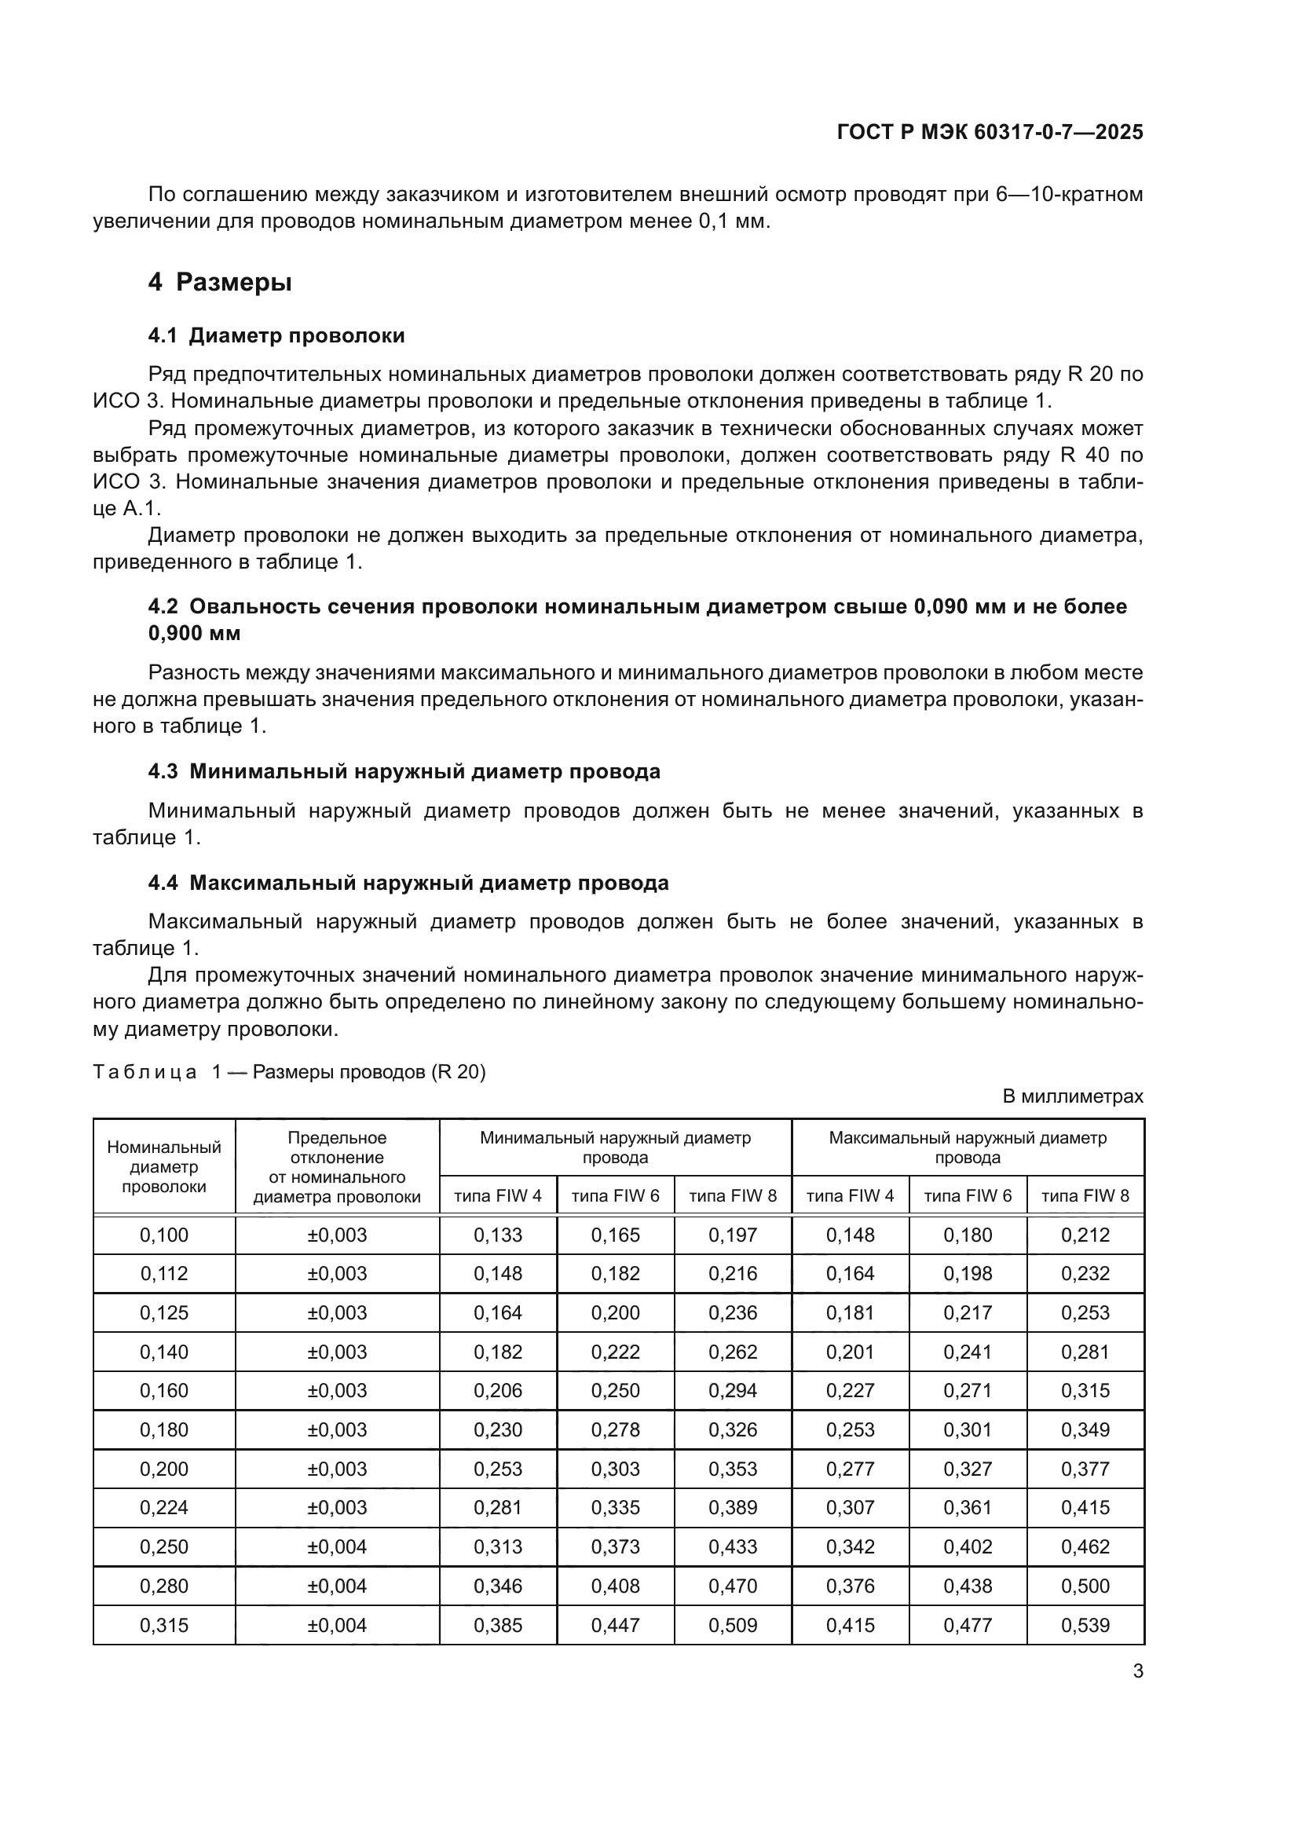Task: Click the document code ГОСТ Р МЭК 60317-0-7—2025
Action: [x=990, y=132]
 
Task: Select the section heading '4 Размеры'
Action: [x=219, y=283]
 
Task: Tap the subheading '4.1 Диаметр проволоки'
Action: [x=276, y=335]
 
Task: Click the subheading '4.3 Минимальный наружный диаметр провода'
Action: [x=404, y=771]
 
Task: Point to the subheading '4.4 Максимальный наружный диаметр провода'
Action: [x=408, y=883]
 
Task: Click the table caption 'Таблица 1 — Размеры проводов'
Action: [x=289, y=1071]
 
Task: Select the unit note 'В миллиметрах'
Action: [x=1073, y=1096]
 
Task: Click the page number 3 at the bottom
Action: [x=1137, y=1671]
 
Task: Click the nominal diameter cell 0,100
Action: [x=164, y=1235]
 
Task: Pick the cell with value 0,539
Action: [x=1085, y=1625]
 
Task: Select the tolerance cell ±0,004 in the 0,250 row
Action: [x=337, y=1546]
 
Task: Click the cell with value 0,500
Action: [x=1085, y=1586]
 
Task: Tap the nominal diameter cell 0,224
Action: [x=164, y=1507]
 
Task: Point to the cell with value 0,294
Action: [x=732, y=1391]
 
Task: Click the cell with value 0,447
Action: [x=615, y=1625]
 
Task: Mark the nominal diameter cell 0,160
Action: [x=164, y=1391]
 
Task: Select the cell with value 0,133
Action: [x=497, y=1235]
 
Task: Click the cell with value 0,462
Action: [x=1085, y=1546]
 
